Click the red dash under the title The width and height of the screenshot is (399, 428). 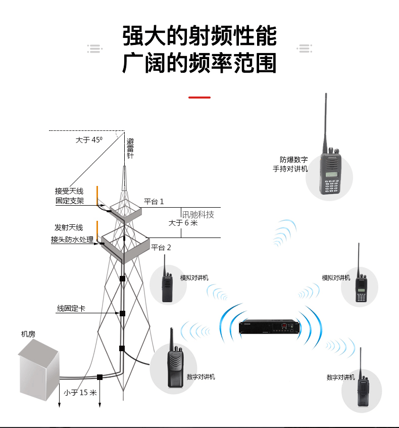[x=199, y=97]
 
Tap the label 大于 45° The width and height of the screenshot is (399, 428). [x=89, y=140]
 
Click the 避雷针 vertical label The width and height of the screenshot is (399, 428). [x=130, y=149]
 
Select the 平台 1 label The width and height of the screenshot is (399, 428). [x=154, y=202]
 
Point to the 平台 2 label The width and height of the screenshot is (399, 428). [x=161, y=247]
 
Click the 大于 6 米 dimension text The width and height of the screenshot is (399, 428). [x=183, y=223]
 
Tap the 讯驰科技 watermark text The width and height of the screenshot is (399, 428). [x=198, y=215]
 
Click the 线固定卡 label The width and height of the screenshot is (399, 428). [x=71, y=308]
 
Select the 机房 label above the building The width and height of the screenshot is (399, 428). [x=28, y=334]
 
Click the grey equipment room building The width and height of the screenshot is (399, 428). [x=39, y=370]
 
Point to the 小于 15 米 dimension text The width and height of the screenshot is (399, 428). [x=80, y=393]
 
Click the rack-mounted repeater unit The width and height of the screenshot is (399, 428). [x=269, y=327]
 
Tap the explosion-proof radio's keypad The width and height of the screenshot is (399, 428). [x=331, y=186]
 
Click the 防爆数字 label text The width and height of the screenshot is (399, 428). [x=293, y=160]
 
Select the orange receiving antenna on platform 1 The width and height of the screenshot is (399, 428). [x=97, y=195]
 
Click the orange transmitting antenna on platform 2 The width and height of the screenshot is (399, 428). [x=97, y=230]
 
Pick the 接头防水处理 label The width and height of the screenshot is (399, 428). [x=72, y=240]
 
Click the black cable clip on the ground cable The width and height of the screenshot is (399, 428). [x=100, y=377]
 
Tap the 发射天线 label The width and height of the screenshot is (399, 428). [x=69, y=227]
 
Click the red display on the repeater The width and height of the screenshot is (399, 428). [x=284, y=325]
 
